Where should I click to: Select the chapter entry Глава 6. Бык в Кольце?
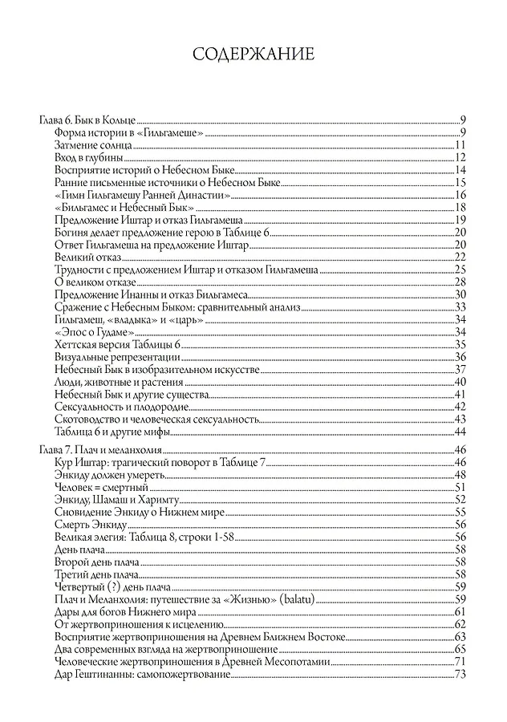tap(88, 120)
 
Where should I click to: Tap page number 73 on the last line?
tap(460, 675)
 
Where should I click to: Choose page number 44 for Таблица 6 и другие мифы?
tap(460, 431)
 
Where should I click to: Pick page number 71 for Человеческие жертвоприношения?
tap(460, 662)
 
